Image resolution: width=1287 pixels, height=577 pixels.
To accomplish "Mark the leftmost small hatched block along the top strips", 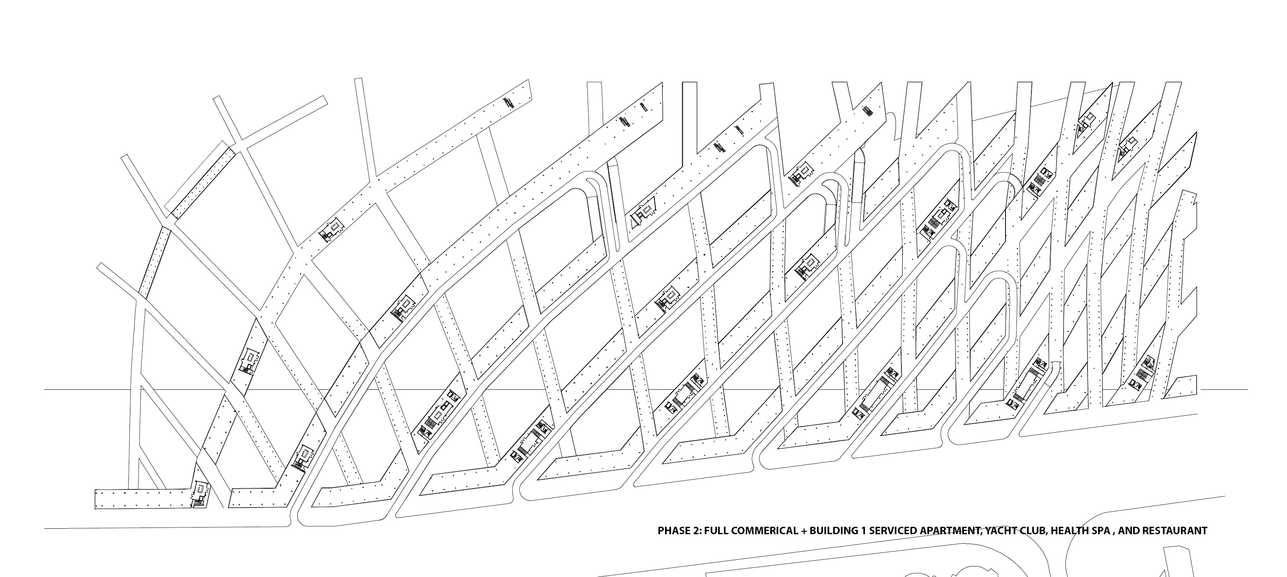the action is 509,102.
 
